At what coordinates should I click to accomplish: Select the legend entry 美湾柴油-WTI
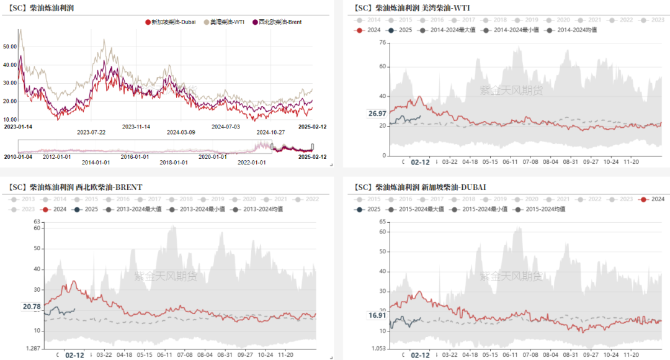click(x=226, y=22)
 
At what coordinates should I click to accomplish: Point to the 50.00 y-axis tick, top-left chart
click(x=10, y=47)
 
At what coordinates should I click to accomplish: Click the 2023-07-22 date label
click(x=91, y=132)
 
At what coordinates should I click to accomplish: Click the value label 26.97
click(x=377, y=114)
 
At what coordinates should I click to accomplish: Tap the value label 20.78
click(x=32, y=307)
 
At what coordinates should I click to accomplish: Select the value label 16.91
click(x=377, y=315)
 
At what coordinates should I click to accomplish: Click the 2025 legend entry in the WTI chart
click(x=400, y=30)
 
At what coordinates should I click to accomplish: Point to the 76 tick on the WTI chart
click(x=382, y=43)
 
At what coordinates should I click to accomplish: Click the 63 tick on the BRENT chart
click(x=37, y=222)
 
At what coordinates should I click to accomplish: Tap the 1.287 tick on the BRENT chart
click(x=32, y=349)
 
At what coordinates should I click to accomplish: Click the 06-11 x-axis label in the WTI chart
click(x=510, y=162)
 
